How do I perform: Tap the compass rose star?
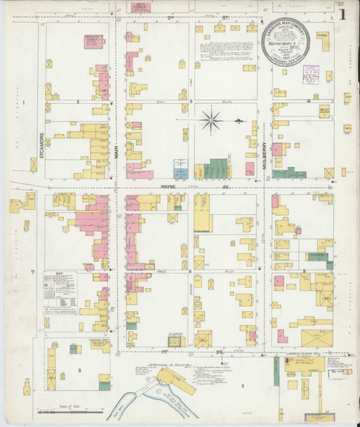[211, 120]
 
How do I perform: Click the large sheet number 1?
[343, 14]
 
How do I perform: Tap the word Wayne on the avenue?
[168, 187]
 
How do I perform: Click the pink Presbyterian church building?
[94, 43]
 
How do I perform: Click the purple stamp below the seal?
[311, 75]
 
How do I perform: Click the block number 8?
[80, 370]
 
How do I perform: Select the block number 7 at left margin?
[32, 273]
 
